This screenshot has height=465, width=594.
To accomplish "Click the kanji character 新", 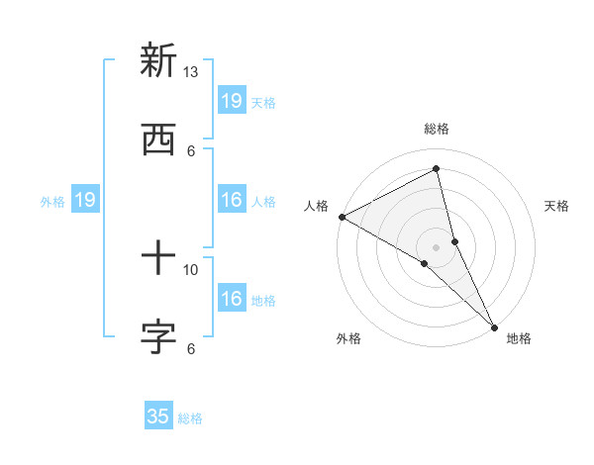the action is pyautogui.click(x=158, y=61).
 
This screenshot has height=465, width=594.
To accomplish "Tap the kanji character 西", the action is pyautogui.click(x=158, y=139).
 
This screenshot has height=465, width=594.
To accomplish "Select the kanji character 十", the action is pyautogui.click(x=158, y=260).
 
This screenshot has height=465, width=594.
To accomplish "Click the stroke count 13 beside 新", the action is pyautogui.click(x=191, y=72).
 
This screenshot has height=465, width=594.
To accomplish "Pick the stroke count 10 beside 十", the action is pyautogui.click(x=191, y=269).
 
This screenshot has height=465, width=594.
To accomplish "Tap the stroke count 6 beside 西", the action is pyautogui.click(x=191, y=150).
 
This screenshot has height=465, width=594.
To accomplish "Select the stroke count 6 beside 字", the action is pyautogui.click(x=191, y=348).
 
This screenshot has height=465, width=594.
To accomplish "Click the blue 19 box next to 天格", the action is pyautogui.click(x=232, y=101).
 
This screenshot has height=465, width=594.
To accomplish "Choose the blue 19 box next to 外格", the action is pyautogui.click(x=85, y=201).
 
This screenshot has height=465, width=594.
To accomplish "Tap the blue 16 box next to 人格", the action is pyautogui.click(x=232, y=201).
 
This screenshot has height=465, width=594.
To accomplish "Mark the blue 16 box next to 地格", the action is pyautogui.click(x=232, y=300).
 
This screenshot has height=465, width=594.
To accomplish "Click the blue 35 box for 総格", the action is pyautogui.click(x=158, y=417).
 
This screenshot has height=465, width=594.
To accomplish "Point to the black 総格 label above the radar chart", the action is pyautogui.click(x=437, y=129).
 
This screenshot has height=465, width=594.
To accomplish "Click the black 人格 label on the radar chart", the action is pyautogui.click(x=317, y=206).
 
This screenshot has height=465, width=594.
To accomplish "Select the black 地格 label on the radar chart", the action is pyautogui.click(x=519, y=339).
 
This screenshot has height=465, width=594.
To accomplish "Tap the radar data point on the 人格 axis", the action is pyautogui.click(x=342, y=217).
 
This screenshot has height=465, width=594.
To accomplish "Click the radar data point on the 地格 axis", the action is pyautogui.click(x=494, y=326).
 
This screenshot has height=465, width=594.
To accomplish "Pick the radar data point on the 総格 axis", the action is pyautogui.click(x=437, y=169).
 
